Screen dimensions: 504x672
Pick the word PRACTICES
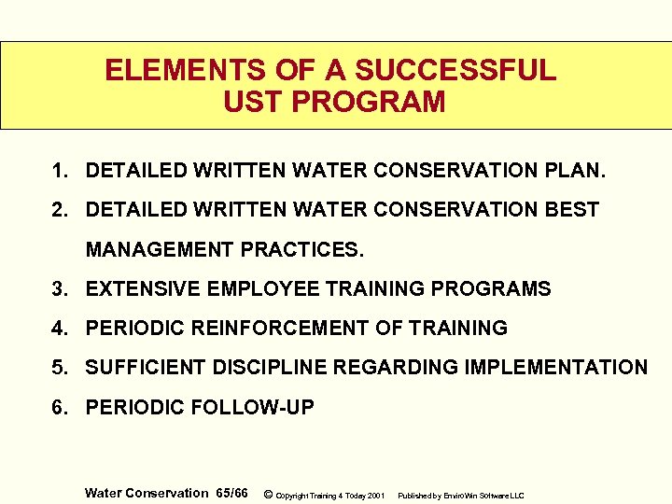(x=303, y=250)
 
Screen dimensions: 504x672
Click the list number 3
(x=59, y=289)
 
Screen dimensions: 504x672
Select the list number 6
(x=59, y=407)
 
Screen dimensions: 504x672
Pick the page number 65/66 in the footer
(x=231, y=493)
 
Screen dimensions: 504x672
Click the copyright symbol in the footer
(x=269, y=494)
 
